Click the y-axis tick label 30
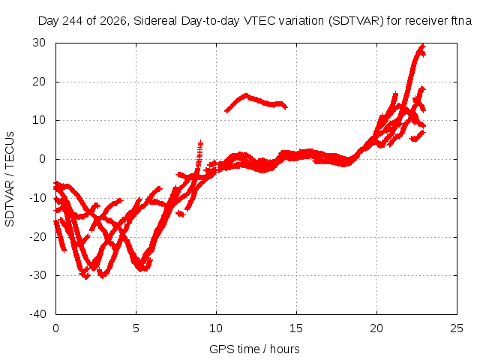tap(39, 43)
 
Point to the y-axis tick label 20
tap(39, 82)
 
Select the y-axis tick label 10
tap(39, 120)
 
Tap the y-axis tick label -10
tap(37, 198)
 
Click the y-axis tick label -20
tap(37, 237)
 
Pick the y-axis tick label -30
tap(37, 275)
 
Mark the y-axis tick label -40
tap(37, 314)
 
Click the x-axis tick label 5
tap(136, 328)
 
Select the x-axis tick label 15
tap(296, 328)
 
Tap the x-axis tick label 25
tap(457, 328)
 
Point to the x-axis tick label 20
tap(376, 328)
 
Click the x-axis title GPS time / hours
tap(254, 349)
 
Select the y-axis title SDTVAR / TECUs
tap(10, 179)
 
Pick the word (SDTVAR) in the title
tap(355, 21)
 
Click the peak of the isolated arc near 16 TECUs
tap(246, 95)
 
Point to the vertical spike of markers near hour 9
tap(199, 155)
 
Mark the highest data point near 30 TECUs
tap(423, 45)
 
